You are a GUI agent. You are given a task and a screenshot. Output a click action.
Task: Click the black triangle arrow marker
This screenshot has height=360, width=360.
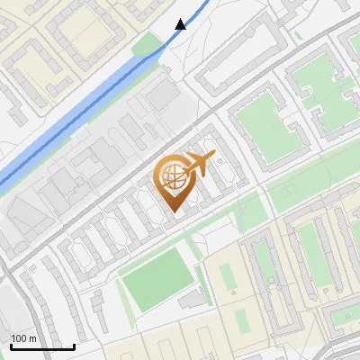point(181,24)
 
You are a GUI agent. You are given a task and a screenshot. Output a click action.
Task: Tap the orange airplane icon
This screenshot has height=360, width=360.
point(200,165)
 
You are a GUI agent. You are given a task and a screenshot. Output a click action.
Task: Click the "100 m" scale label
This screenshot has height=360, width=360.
point(23,339)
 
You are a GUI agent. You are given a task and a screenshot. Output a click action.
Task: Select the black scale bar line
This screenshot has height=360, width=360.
point(42,346)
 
